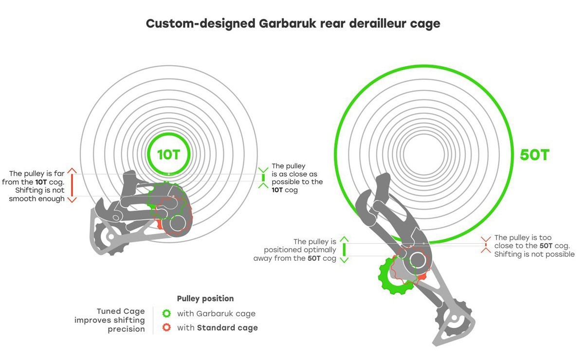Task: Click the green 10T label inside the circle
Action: [168, 154]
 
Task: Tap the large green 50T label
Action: [534, 155]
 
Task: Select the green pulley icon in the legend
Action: [166, 314]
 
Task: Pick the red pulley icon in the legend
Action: [166, 327]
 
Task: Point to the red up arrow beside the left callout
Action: [72, 171]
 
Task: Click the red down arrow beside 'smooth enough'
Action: [72, 199]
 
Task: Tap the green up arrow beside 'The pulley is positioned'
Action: [344, 239]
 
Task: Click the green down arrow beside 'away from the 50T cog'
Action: [344, 259]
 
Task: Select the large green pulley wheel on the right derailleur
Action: [395, 276]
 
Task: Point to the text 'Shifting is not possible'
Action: [534, 254]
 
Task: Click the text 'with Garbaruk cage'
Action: [216, 314]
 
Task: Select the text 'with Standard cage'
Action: [217, 327]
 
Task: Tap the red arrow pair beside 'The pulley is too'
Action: [485, 244]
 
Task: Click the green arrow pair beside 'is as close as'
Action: [263, 178]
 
